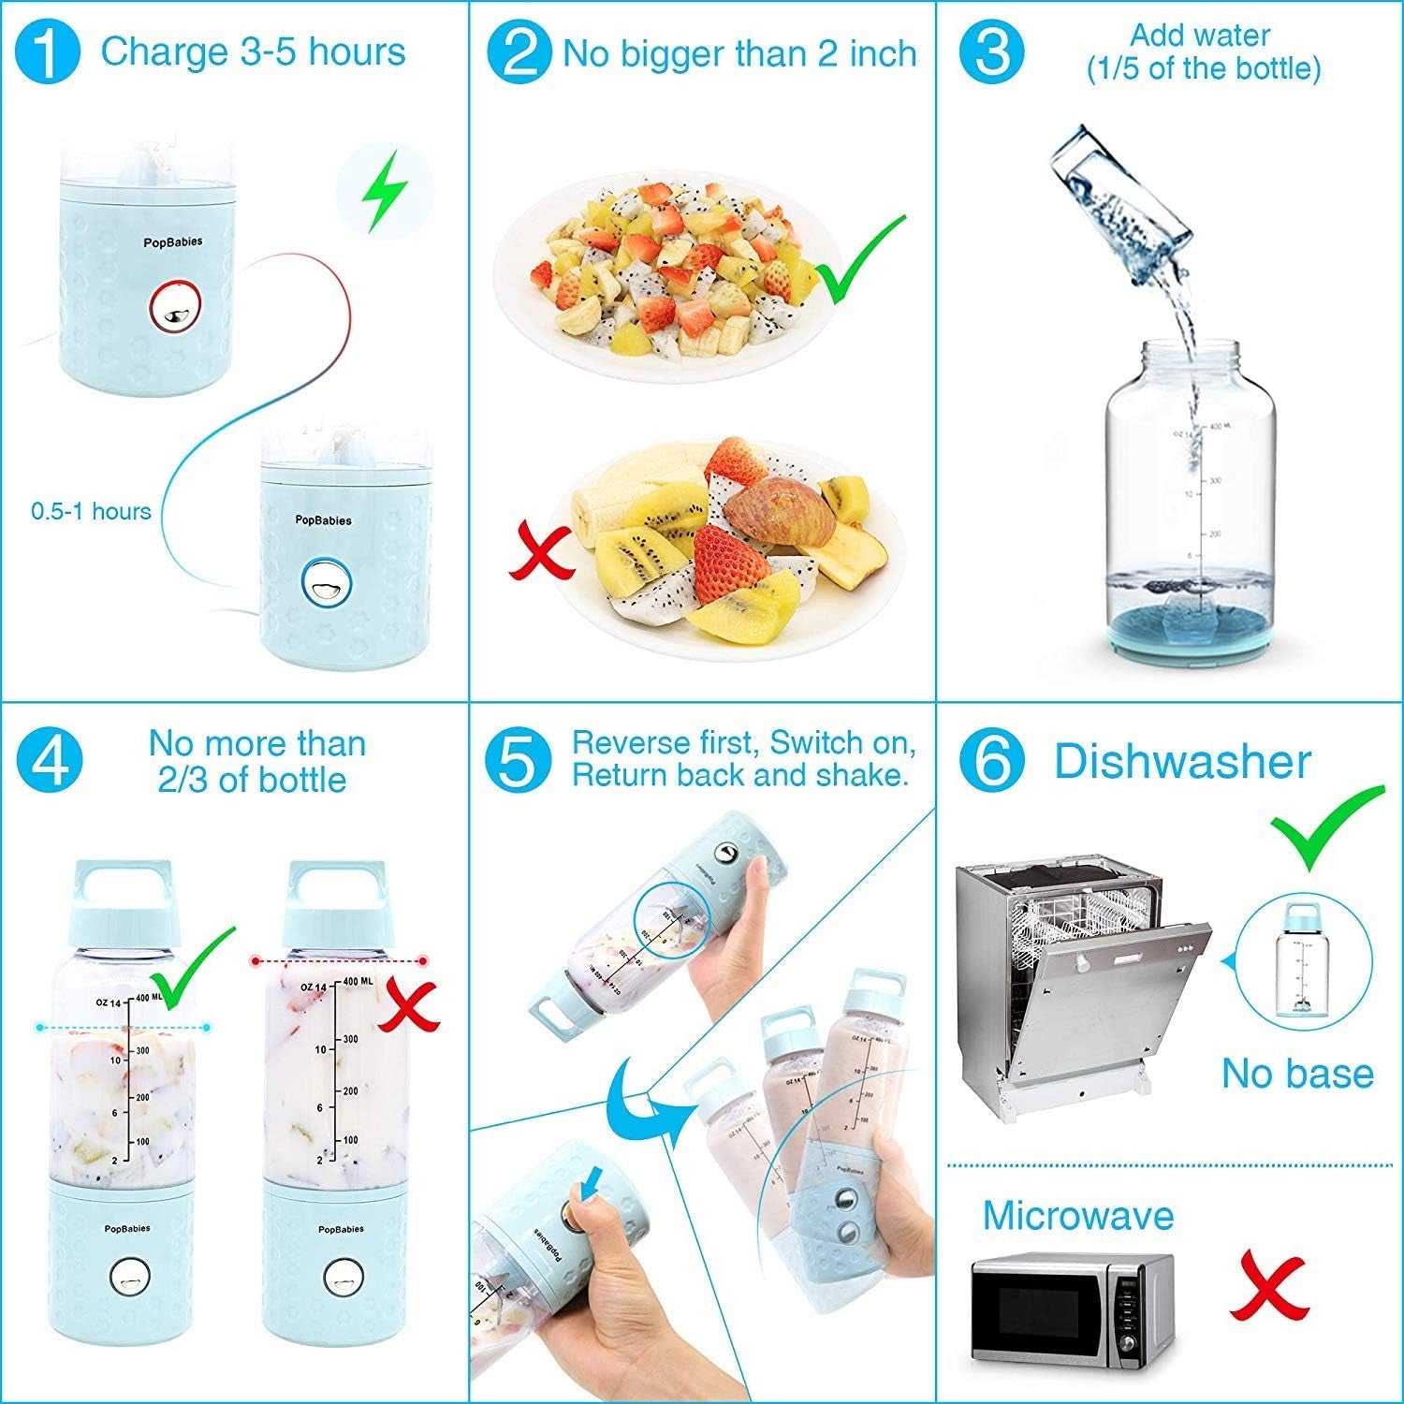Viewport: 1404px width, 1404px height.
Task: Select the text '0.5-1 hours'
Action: click(91, 511)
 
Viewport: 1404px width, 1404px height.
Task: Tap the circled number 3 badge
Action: click(992, 52)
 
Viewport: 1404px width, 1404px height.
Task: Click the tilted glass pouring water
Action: click(1119, 192)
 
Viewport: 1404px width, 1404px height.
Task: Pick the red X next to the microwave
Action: click(1268, 1287)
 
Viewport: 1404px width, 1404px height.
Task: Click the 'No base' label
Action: click(1297, 1073)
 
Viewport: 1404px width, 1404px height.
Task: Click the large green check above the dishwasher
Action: click(1327, 826)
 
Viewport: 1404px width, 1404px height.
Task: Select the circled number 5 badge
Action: click(518, 759)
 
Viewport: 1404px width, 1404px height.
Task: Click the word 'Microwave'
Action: click(1077, 1215)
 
